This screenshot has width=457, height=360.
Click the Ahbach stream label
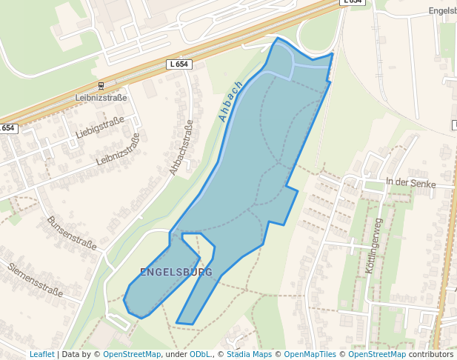[x=231, y=101]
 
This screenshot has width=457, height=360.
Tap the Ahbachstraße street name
[x=181, y=147]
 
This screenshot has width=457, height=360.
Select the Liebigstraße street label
[x=99, y=127]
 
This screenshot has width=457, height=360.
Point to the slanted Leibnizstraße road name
[x=119, y=148]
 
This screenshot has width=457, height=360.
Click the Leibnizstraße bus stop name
[x=101, y=97]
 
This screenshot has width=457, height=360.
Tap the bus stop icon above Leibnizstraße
[x=101, y=86]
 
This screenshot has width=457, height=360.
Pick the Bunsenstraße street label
[x=72, y=233]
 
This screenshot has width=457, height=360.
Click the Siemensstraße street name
[x=35, y=279]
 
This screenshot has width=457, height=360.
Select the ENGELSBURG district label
[x=176, y=272]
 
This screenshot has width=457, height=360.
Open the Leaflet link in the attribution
[x=41, y=354]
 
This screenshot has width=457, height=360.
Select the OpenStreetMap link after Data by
[x=132, y=354]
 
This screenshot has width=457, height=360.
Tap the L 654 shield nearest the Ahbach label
[x=179, y=64]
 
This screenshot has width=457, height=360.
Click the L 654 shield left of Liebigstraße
[x=7, y=128]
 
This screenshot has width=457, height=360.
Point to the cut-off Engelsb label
[x=442, y=11]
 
